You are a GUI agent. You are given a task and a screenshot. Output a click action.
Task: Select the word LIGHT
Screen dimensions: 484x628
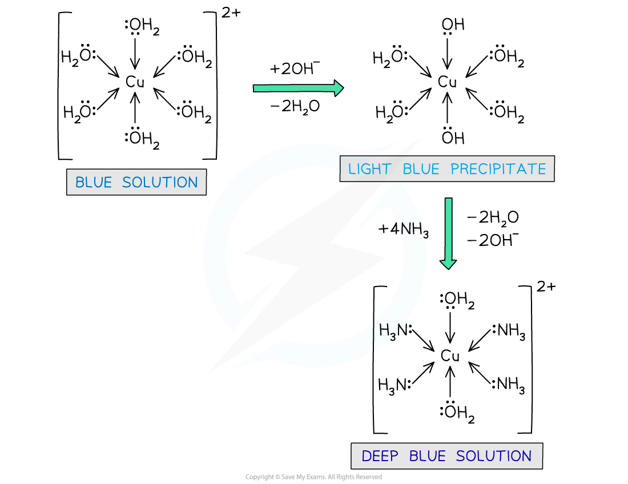pos(370,169)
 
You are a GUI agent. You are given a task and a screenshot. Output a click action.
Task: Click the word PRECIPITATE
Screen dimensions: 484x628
pos(498,169)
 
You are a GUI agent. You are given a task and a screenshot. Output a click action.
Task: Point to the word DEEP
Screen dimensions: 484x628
pos(380,457)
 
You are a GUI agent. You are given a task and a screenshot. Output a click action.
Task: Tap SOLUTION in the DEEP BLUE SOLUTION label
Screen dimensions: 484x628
pos(494,457)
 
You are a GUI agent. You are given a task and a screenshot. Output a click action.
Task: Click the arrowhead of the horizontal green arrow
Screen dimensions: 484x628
pos(339,88)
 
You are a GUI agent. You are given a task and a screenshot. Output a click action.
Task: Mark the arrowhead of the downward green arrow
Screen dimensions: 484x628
pos(448,264)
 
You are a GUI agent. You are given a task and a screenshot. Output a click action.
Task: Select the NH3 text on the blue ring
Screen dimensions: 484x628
pos(412,229)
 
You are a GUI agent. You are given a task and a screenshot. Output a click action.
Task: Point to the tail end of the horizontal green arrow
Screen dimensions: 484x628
pos(255,88)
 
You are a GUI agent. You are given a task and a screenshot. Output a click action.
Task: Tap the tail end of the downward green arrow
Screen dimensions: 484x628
pos(449,200)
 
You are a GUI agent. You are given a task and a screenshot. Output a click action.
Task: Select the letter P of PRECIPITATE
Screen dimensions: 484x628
pos(455,169)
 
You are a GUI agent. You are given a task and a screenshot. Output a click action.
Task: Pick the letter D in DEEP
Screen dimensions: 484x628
pos(367,457)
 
